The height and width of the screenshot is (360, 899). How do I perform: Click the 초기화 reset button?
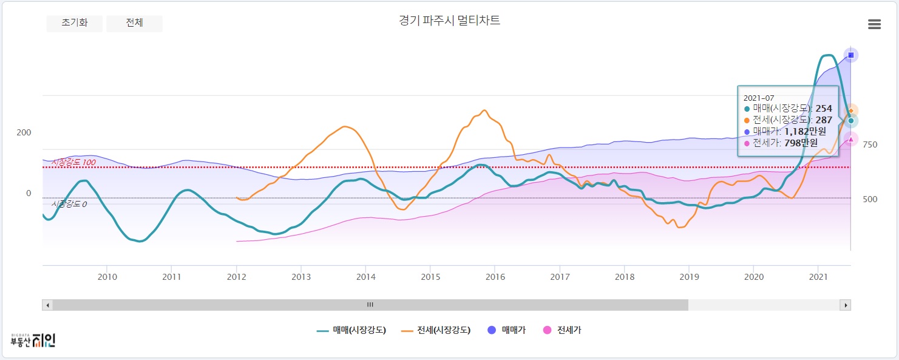tap(74, 23)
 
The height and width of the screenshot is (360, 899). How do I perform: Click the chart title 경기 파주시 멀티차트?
tap(449, 21)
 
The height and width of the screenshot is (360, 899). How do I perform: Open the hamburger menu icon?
tap(874, 24)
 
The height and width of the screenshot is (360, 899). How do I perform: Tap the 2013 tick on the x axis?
tap(301, 277)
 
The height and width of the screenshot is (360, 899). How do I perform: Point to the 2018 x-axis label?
tap(624, 277)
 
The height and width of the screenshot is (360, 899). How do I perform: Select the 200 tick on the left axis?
tap(24, 132)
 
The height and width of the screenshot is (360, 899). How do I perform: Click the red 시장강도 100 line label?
tap(73, 163)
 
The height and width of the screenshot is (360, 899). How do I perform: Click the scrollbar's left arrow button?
tap(47, 305)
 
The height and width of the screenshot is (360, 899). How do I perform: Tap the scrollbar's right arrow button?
tap(844, 305)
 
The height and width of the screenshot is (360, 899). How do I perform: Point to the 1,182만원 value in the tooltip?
tap(805, 131)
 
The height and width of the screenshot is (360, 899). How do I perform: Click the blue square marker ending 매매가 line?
tap(850, 55)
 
